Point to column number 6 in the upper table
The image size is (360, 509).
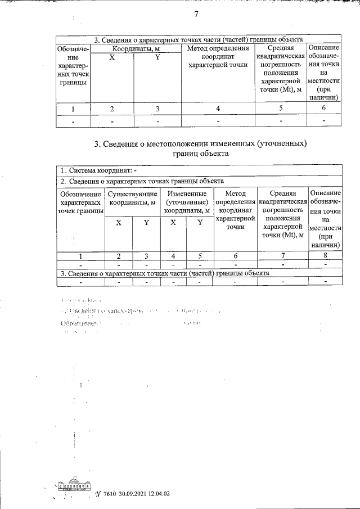coord(324,109)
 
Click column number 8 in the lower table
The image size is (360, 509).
coord(325,256)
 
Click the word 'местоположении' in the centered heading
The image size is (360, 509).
coord(190,144)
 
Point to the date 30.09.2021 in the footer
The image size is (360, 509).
coord(133,494)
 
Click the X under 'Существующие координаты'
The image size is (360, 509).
coord(119,223)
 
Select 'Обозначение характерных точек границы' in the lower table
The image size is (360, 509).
coord(80,202)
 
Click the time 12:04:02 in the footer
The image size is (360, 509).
coord(158,494)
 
